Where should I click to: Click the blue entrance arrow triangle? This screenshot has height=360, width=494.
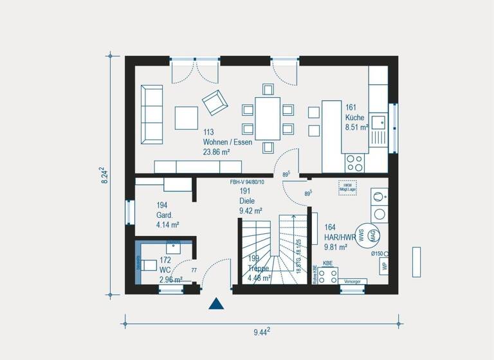(x=217, y=303)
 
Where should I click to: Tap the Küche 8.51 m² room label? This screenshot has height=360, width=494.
(x=356, y=118)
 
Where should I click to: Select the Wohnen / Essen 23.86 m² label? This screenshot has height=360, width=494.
(x=227, y=142)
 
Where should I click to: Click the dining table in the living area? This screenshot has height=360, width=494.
(x=268, y=118)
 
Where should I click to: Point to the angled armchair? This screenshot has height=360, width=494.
(x=214, y=101)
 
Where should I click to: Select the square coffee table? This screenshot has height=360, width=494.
(x=187, y=118)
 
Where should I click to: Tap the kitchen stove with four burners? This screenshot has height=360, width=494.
(x=354, y=162)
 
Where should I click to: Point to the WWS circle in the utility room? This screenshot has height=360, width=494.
(x=362, y=235)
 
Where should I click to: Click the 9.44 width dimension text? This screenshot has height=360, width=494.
(x=261, y=332)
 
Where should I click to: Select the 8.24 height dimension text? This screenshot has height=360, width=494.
(x=104, y=175)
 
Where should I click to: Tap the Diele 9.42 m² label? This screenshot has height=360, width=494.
(x=250, y=201)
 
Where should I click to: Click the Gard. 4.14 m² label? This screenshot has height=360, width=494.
(x=167, y=215)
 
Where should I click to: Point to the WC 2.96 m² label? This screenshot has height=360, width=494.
(x=170, y=270)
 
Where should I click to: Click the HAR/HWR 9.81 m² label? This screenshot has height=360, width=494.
(x=339, y=236)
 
